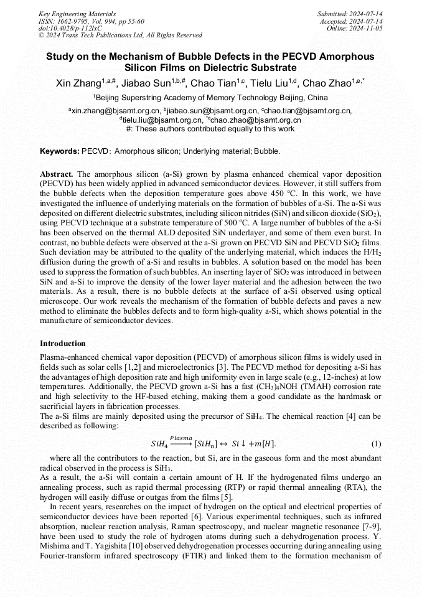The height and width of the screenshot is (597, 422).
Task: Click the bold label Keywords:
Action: click(60, 151)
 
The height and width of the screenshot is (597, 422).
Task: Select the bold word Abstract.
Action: click(57, 175)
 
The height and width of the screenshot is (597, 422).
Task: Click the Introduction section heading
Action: click(63, 344)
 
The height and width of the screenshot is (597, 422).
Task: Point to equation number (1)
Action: click(375, 443)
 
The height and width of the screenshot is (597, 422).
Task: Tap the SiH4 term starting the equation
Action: click(159, 444)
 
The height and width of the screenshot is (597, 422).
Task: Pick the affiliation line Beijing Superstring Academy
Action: click(210, 98)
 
